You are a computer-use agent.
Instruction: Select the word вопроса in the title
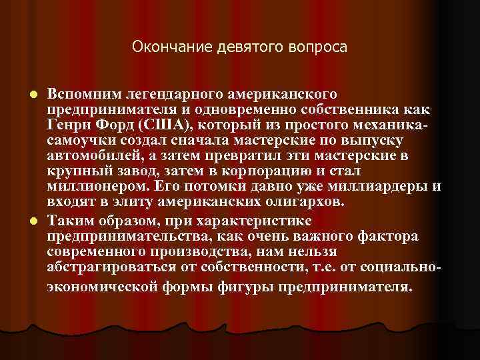316,47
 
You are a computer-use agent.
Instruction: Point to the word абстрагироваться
107,269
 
